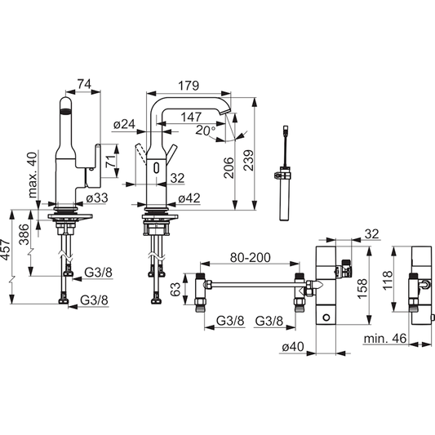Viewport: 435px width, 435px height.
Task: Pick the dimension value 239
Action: click(x=260, y=162)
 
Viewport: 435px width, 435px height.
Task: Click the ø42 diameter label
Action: click(x=189, y=197)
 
